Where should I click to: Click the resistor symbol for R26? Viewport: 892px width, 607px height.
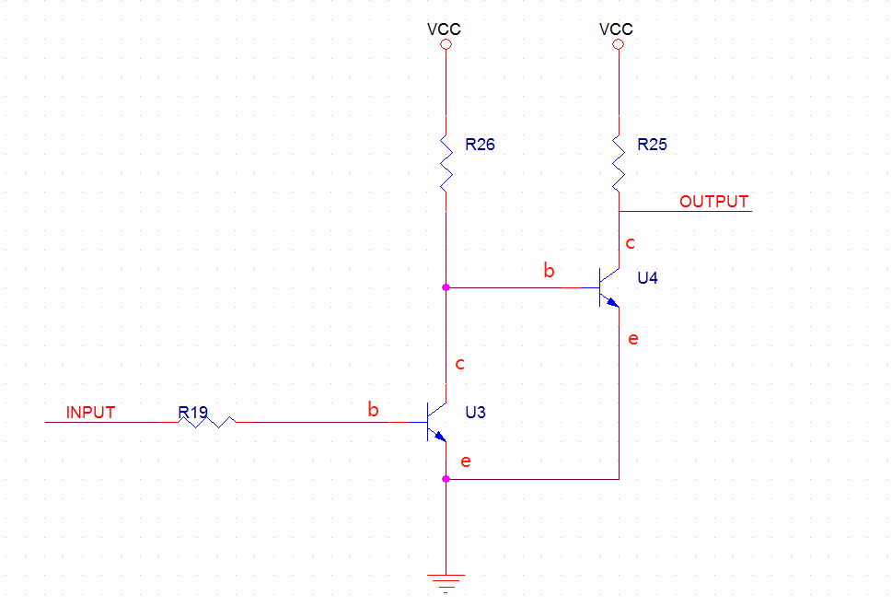coord(446,162)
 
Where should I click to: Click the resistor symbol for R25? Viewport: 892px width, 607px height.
coord(619,162)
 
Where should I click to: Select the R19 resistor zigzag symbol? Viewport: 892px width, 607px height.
coord(208,422)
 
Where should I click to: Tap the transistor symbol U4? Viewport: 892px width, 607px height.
coord(607,287)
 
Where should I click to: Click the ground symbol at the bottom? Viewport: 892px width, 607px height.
coord(446,581)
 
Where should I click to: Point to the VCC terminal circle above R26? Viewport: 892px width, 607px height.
coord(446,44)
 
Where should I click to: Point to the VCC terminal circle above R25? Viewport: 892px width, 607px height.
coord(618,44)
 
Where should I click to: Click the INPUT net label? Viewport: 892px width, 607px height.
coord(90,412)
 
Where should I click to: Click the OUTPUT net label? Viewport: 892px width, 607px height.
coord(713,201)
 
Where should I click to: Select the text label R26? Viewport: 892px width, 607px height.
coord(480,144)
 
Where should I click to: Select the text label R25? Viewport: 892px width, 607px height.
coord(652,144)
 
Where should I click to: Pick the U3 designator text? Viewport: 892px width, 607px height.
coord(475,412)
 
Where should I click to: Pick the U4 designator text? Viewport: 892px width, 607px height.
coord(647,277)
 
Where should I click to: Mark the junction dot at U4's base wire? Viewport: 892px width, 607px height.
coord(446,287)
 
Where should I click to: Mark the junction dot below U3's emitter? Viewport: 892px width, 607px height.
coord(446,479)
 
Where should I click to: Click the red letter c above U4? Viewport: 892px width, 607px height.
coord(630,243)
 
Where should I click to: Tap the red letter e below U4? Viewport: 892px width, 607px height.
coord(632,339)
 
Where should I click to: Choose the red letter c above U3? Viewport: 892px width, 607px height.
coord(460,364)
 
